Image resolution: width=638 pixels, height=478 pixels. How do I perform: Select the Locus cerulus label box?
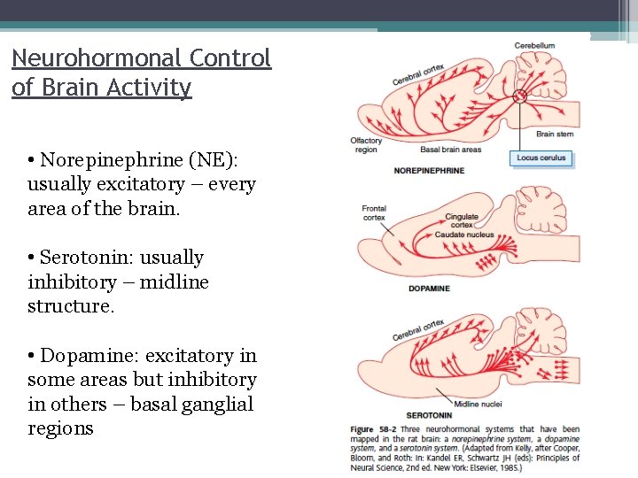pos(541,158)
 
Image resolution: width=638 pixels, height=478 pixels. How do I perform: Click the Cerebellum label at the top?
pos(534,45)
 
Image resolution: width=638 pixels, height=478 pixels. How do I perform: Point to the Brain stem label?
pos(556,134)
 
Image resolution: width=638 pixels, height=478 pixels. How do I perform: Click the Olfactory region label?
pos(365,144)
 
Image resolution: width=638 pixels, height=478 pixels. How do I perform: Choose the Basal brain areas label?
pos(425,150)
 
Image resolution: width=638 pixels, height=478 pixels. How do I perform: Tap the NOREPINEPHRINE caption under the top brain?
pos(429,171)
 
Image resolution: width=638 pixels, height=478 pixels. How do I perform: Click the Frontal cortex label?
pos(374,212)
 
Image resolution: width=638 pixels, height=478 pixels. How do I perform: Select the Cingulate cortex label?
pos(462,220)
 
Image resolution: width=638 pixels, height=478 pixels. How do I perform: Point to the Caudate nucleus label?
pos(464,235)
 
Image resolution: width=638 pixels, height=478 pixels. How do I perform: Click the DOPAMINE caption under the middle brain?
pos(430,289)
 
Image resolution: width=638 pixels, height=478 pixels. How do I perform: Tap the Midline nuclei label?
pos(478,405)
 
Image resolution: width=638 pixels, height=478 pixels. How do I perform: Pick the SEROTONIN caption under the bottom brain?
pos(429,414)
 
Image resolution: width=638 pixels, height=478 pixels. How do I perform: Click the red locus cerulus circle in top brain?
pos(520,96)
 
